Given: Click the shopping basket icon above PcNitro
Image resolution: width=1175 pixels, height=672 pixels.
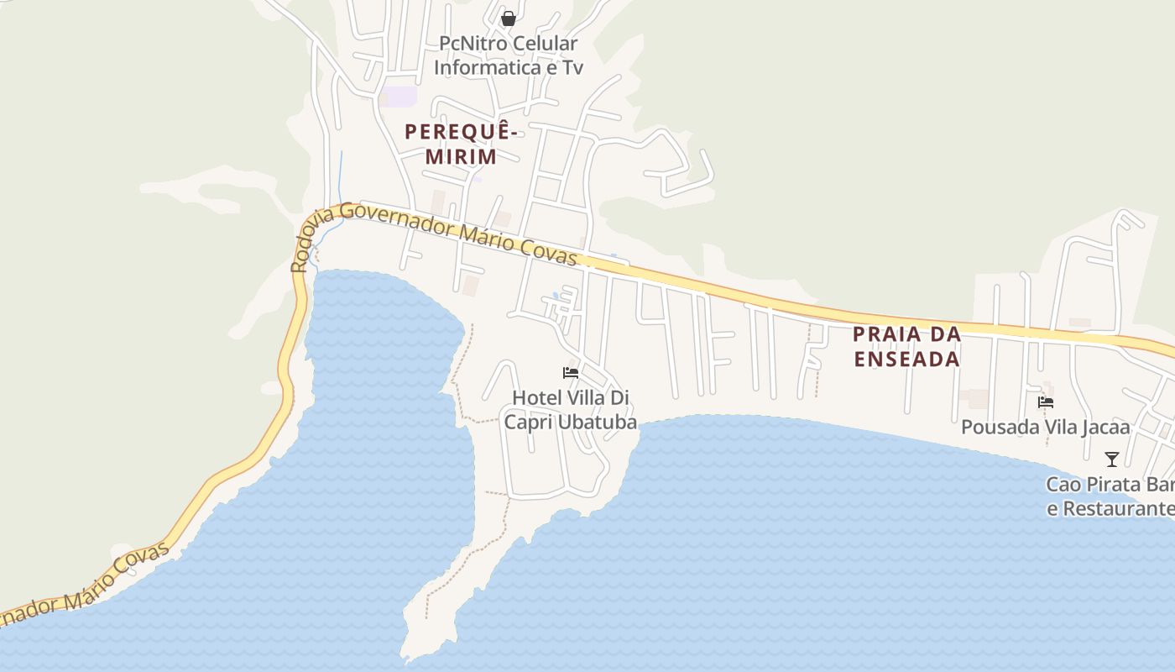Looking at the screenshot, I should pyautogui.click(x=508, y=18).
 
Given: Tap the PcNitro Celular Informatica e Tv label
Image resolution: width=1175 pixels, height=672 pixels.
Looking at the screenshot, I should pyautogui.click(x=508, y=55).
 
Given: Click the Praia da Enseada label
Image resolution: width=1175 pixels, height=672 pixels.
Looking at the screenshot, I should pyautogui.click(x=906, y=346).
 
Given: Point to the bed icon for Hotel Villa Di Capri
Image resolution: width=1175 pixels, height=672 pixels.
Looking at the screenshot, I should pyautogui.click(x=571, y=373).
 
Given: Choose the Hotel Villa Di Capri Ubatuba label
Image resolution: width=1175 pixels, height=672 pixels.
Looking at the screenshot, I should pyautogui.click(x=570, y=409).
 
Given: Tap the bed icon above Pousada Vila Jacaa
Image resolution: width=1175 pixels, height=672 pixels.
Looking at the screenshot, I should pyautogui.click(x=1046, y=402).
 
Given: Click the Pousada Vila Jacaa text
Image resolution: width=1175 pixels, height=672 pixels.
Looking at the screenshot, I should pyautogui.click(x=1045, y=428).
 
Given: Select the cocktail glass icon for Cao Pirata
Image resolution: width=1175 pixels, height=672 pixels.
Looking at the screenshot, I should pyautogui.click(x=1112, y=459).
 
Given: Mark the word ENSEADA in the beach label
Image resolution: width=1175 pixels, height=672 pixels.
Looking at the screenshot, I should pyautogui.click(x=906, y=359).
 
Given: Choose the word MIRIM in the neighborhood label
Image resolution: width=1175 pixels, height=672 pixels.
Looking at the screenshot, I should pyautogui.click(x=461, y=156).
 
